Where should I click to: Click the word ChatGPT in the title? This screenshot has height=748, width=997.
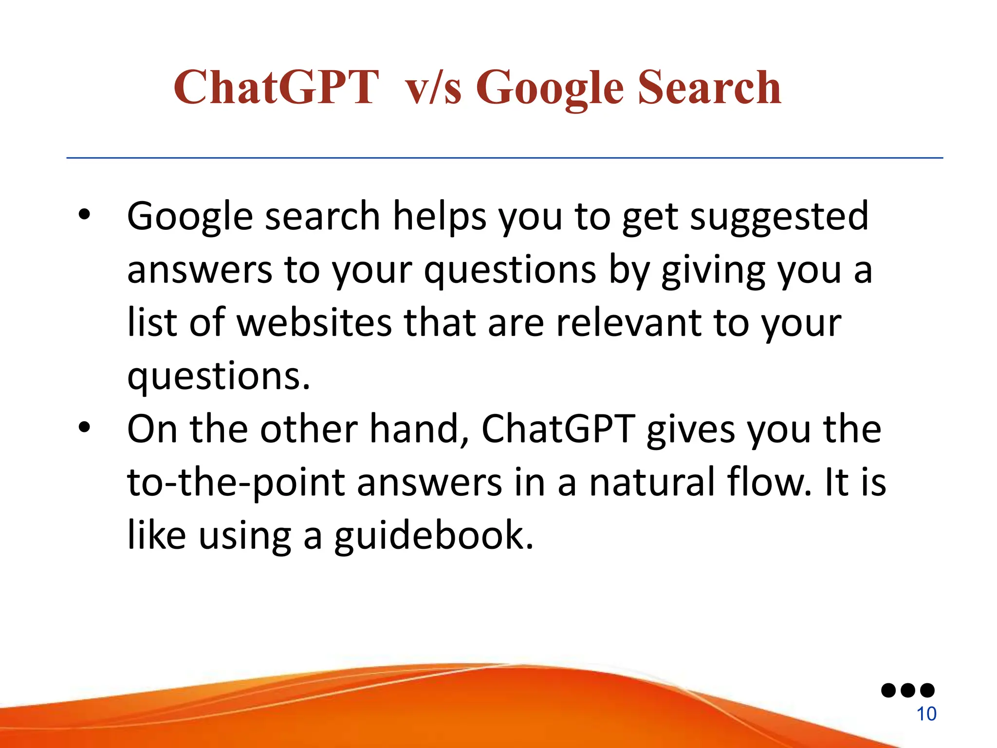[276, 88]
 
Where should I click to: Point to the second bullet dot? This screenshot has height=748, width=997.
[84, 427]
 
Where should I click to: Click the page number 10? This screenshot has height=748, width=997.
[926, 714]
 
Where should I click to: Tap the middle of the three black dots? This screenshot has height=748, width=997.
[908, 690]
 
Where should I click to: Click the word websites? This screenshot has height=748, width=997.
[314, 323]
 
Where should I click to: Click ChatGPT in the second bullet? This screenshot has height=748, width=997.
[558, 429]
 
